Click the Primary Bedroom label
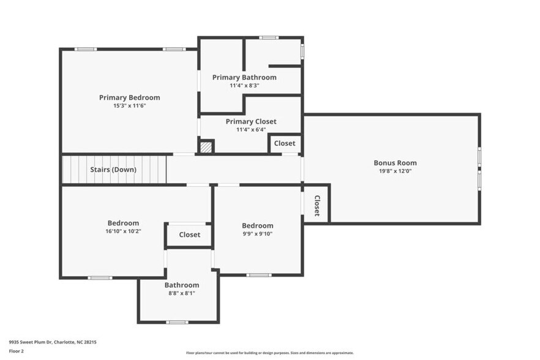pos(129,97)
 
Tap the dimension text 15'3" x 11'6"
pos(129,105)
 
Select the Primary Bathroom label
pos(244,77)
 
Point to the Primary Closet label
pos(250,121)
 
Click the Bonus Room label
pos(395,163)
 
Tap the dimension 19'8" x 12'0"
pos(395,171)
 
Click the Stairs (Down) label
pos(113,170)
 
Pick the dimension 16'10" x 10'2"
pos(123,231)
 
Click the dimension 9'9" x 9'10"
pos(257,233)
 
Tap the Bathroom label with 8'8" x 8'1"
pos(181,285)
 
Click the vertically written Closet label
pos(317,206)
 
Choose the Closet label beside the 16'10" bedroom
pos(189,234)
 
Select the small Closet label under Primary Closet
pos(284,143)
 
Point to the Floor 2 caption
pos(16,351)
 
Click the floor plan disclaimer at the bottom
pos(269,353)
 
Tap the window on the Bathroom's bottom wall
pos(178,322)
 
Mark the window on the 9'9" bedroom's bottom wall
pos(258,275)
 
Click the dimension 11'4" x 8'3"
pos(244,86)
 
